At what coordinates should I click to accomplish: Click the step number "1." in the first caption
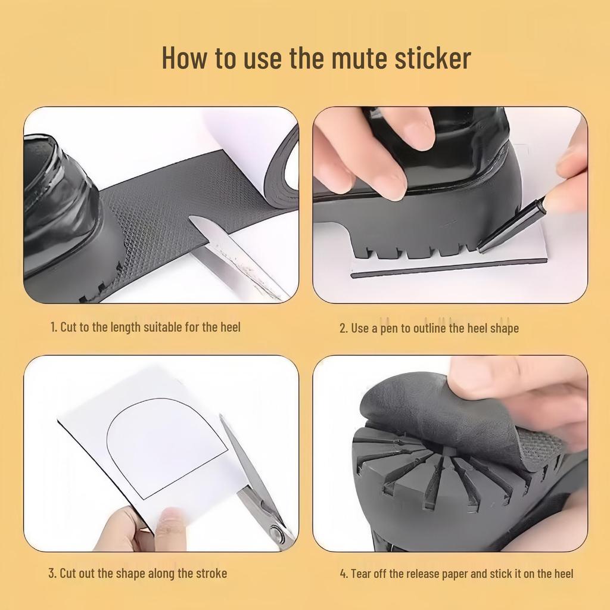pyautogui.click(x=54, y=327)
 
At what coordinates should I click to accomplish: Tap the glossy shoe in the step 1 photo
pyautogui.click(x=60, y=208)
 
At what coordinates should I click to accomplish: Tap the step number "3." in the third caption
pyautogui.click(x=52, y=574)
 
